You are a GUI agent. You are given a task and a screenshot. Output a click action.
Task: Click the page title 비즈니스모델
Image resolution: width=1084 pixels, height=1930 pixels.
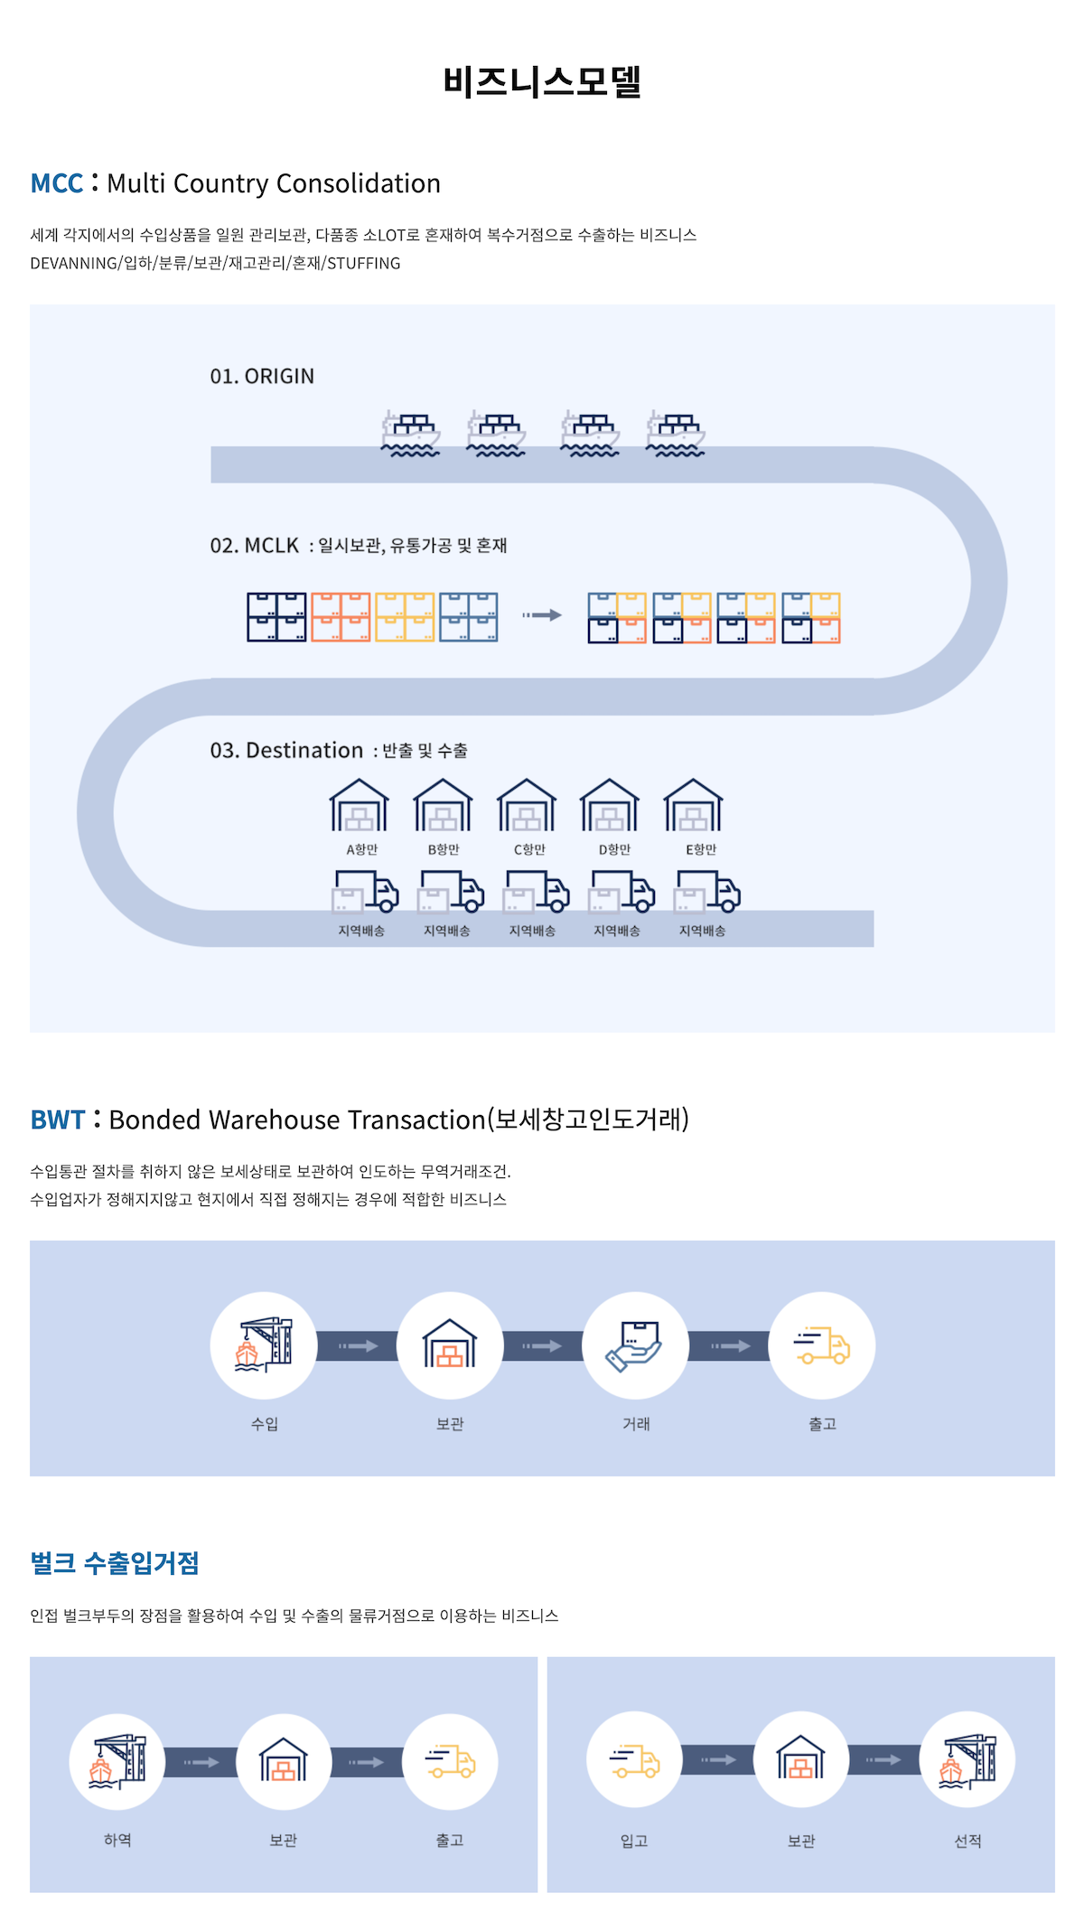[x=542, y=81]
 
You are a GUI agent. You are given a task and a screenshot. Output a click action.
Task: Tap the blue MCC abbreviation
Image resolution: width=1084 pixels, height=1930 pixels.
[x=56, y=183]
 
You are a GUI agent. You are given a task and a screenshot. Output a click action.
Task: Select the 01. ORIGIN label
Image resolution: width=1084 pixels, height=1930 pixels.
[x=262, y=376]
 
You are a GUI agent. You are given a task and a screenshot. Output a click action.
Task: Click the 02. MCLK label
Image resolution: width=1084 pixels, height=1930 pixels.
[x=254, y=546]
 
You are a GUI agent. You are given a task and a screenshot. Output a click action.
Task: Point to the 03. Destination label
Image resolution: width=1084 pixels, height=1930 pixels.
[x=286, y=751]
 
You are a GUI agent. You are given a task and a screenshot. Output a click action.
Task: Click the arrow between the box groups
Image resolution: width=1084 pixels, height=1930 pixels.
[x=542, y=615]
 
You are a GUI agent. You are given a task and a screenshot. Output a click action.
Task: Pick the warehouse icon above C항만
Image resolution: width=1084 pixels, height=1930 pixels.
[x=526, y=805]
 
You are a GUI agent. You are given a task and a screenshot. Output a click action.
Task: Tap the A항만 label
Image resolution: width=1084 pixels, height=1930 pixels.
[x=362, y=849]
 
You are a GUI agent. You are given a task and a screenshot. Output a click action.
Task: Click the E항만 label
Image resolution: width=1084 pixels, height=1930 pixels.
[x=701, y=849]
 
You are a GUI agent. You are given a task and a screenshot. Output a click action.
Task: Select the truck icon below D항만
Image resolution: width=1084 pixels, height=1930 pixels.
[x=622, y=891]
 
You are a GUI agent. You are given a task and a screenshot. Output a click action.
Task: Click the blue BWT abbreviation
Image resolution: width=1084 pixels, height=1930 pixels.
[x=57, y=1120]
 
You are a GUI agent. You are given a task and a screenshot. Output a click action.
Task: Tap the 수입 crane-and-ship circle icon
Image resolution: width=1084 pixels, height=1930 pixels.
[x=264, y=1345]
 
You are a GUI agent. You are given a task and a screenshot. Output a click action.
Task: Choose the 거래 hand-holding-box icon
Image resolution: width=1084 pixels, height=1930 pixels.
[x=635, y=1345]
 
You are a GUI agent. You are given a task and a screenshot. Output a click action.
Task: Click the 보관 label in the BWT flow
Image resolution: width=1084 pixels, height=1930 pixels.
[x=450, y=1424]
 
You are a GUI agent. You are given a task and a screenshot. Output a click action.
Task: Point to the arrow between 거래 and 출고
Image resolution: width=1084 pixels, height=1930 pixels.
[x=730, y=1346]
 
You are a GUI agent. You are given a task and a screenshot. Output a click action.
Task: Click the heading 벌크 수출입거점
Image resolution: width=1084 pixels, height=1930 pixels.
[x=115, y=1563]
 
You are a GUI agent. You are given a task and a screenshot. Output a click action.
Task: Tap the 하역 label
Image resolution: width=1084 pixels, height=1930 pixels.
[x=117, y=1841]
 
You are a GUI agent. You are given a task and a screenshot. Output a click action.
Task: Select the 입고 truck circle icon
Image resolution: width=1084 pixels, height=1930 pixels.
[x=634, y=1760]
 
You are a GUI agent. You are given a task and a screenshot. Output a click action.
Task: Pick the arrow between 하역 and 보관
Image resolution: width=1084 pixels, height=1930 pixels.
[x=201, y=1762]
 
